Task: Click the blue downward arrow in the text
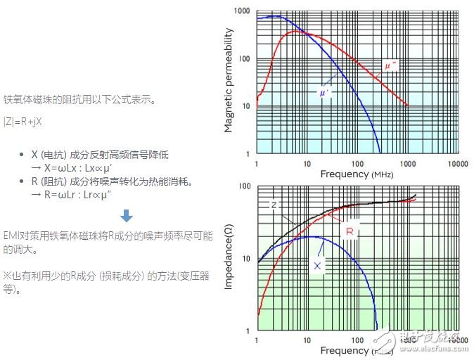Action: click(x=127, y=216)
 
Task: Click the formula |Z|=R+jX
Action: click(x=24, y=121)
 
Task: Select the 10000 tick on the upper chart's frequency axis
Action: click(x=459, y=163)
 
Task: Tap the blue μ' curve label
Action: click(x=325, y=92)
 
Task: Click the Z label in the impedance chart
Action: click(x=274, y=205)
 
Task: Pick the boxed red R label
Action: click(x=350, y=231)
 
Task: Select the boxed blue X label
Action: click(x=317, y=266)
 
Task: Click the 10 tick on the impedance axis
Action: click(x=247, y=259)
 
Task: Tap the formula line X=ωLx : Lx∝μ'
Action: click(x=72, y=167)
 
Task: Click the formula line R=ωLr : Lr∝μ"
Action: click(x=73, y=195)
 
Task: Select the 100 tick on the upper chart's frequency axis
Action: click(x=357, y=163)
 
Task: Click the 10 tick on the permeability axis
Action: click(x=246, y=106)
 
